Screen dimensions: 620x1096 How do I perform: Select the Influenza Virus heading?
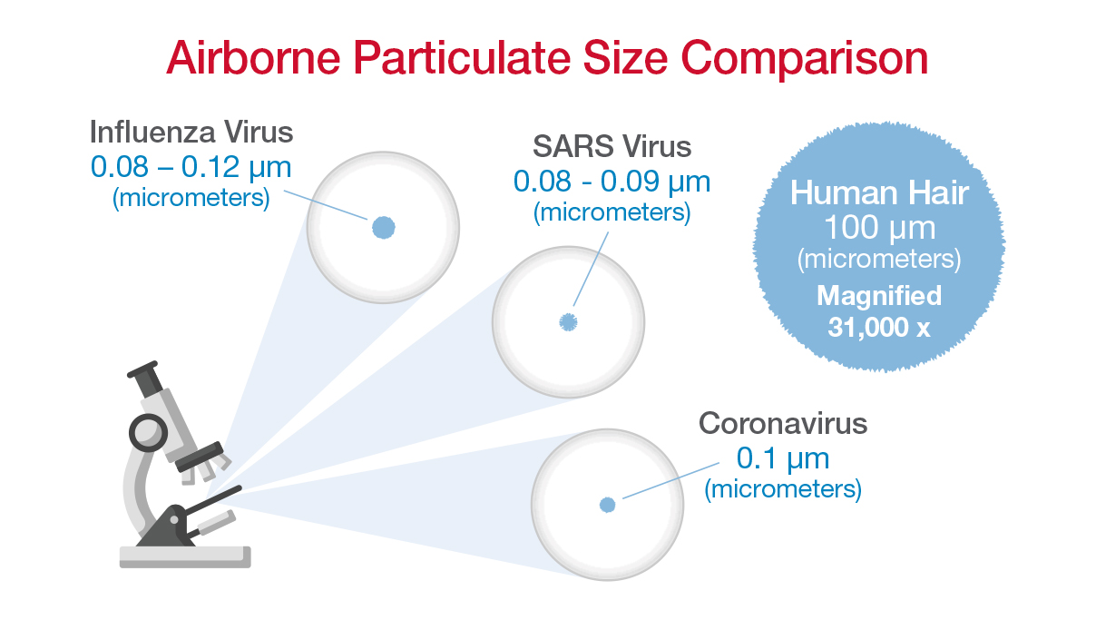pyautogui.click(x=191, y=132)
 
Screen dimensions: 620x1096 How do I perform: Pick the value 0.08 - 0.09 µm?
pyautogui.click(x=612, y=181)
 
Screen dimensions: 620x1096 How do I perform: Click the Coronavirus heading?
pyautogui.click(x=782, y=423)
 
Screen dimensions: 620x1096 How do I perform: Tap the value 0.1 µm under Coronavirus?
pyautogui.click(x=782, y=457)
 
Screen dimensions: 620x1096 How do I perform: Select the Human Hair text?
pyautogui.click(x=878, y=192)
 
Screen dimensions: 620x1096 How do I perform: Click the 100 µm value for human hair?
pyautogui.click(x=878, y=227)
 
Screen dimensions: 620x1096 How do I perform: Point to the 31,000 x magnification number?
pyautogui.click(x=878, y=327)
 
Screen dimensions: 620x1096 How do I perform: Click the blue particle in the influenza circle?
pyautogui.click(x=383, y=228)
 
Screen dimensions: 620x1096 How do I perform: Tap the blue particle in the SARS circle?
pyautogui.click(x=568, y=321)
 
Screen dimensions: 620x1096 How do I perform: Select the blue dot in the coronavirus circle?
pyautogui.click(x=607, y=505)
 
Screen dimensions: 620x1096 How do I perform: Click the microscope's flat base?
pyautogui.click(x=185, y=556)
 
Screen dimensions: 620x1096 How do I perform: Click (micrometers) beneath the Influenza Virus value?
pyautogui.click(x=191, y=198)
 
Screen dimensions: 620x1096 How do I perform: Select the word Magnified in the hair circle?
pyautogui.click(x=878, y=296)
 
